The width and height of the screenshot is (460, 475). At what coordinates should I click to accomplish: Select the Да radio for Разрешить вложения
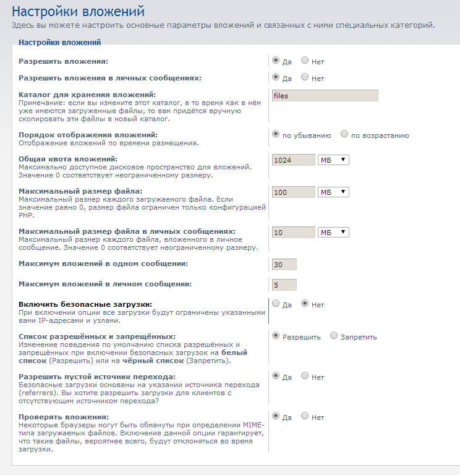pos(276,61)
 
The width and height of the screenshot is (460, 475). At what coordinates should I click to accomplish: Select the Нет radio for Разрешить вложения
pos(305,61)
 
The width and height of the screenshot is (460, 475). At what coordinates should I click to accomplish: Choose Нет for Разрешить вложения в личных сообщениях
pos(305,77)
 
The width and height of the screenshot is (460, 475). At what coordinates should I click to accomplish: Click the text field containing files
pos(325,96)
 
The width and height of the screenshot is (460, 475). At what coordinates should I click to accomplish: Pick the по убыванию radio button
pos(276,134)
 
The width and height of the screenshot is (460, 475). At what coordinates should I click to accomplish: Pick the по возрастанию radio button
pos(344,134)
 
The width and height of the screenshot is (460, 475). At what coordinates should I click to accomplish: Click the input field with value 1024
pos(293,160)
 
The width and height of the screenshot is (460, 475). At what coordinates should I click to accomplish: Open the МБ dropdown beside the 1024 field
pos(333,160)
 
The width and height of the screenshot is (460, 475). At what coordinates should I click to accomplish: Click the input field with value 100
pos(293,192)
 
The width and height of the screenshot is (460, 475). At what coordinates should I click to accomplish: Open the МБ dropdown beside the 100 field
pos(333,192)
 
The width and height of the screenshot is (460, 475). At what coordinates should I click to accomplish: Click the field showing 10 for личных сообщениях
pos(293,233)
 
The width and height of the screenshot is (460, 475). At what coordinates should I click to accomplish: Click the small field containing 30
pos(284,265)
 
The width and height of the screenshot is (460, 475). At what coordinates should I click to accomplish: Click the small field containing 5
pos(284,285)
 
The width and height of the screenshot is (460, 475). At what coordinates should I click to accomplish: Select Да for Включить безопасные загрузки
pos(276,304)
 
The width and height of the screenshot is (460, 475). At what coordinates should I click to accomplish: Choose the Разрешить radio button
pos(276,336)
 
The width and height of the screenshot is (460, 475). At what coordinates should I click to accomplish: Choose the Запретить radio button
pos(334,336)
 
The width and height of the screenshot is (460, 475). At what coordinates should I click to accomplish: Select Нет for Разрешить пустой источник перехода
pos(305,376)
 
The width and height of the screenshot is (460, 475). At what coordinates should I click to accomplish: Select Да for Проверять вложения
pos(276,416)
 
